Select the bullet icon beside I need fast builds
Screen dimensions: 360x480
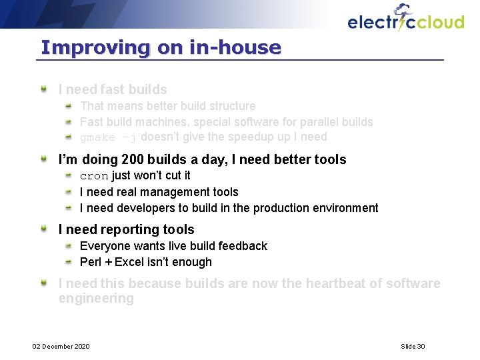click(x=43, y=89)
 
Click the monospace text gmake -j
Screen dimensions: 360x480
click(x=108, y=137)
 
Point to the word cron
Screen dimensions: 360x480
click(x=94, y=176)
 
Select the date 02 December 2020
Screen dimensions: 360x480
click(x=62, y=346)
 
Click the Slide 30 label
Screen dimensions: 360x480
click(x=413, y=346)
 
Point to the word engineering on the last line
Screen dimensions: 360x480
click(x=96, y=299)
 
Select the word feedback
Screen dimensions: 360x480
click(x=241, y=246)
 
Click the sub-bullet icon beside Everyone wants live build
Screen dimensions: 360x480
click(x=69, y=246)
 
